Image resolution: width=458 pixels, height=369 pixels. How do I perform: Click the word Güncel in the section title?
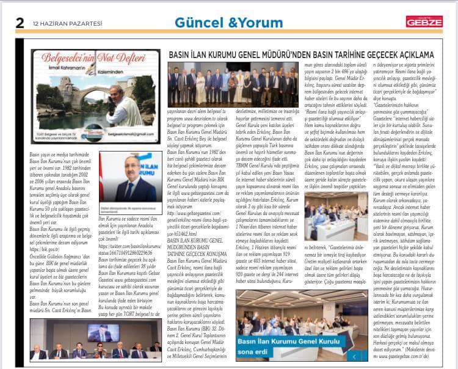[199, 22]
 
